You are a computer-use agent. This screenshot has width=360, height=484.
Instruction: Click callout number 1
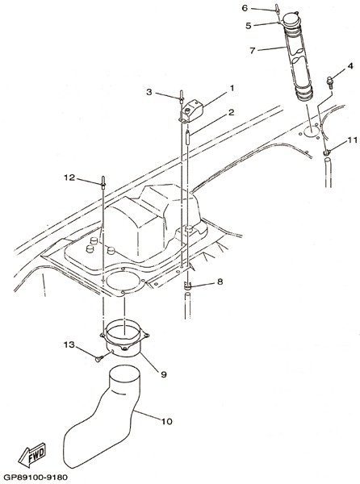pyautogui.click(x=232, y=89)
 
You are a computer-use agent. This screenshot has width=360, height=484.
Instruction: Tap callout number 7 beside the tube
pyautogui.click(x=253, y=51)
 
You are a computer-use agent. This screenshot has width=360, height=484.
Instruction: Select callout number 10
pyautogui.click(x=167, y=421)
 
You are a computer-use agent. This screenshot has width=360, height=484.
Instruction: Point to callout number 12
pyautogui.click(x=69, y=177)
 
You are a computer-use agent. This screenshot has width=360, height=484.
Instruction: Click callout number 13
pyautogui.click(x=69, y=344)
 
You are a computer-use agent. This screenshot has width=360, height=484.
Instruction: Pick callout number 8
pyautogui.click(x=220, y=282)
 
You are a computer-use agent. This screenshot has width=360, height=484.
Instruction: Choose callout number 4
pyautogui.click(x=350, y=66)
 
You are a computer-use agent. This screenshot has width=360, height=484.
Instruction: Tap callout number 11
pyautogui.click(x=352, y=140)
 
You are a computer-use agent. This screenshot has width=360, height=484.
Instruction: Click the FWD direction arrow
pyautogui.click(x=32, y=455)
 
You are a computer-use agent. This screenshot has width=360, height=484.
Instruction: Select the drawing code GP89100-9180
pyautogui.click(x=36, y=478)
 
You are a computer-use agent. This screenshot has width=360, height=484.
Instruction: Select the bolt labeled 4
pyautogui.click(x=330, y=83)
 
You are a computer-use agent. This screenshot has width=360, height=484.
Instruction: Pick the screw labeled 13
pyautogui.click(x=98, y=359)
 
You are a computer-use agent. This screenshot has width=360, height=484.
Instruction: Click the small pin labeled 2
pyautogui.click(x=187, y=137)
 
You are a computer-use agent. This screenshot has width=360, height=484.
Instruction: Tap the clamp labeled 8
pyautogui.click(x=187, y=286)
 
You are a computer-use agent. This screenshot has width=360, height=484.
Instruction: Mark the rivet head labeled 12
pyautogui.click(x=103, y=182)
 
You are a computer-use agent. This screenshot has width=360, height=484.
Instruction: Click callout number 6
pyautogui.click(x=245, y=8)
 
